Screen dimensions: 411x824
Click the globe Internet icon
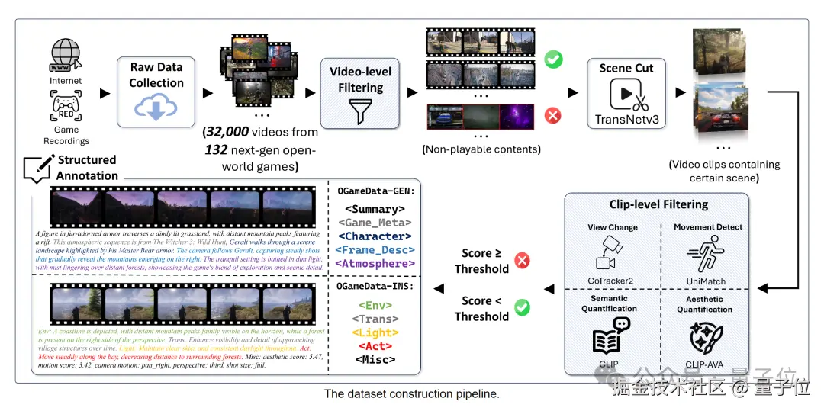[x=66, y=55]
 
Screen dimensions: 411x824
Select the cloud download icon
[x=156, y=108]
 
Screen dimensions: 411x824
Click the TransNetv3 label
[x=626, y=120]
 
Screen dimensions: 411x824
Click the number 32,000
[x=227, y=132]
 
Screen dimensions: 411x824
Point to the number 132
[x=216, y=149]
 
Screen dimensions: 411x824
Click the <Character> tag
[x=375, y=236]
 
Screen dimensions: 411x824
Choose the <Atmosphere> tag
[x=375, y=264]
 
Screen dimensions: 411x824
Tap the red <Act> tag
[x=375, y=346]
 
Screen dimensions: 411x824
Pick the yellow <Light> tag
[x=375, y=332]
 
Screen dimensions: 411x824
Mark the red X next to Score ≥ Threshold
[x=523, y=262]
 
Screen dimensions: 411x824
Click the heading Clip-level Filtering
[x=659, y=204]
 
